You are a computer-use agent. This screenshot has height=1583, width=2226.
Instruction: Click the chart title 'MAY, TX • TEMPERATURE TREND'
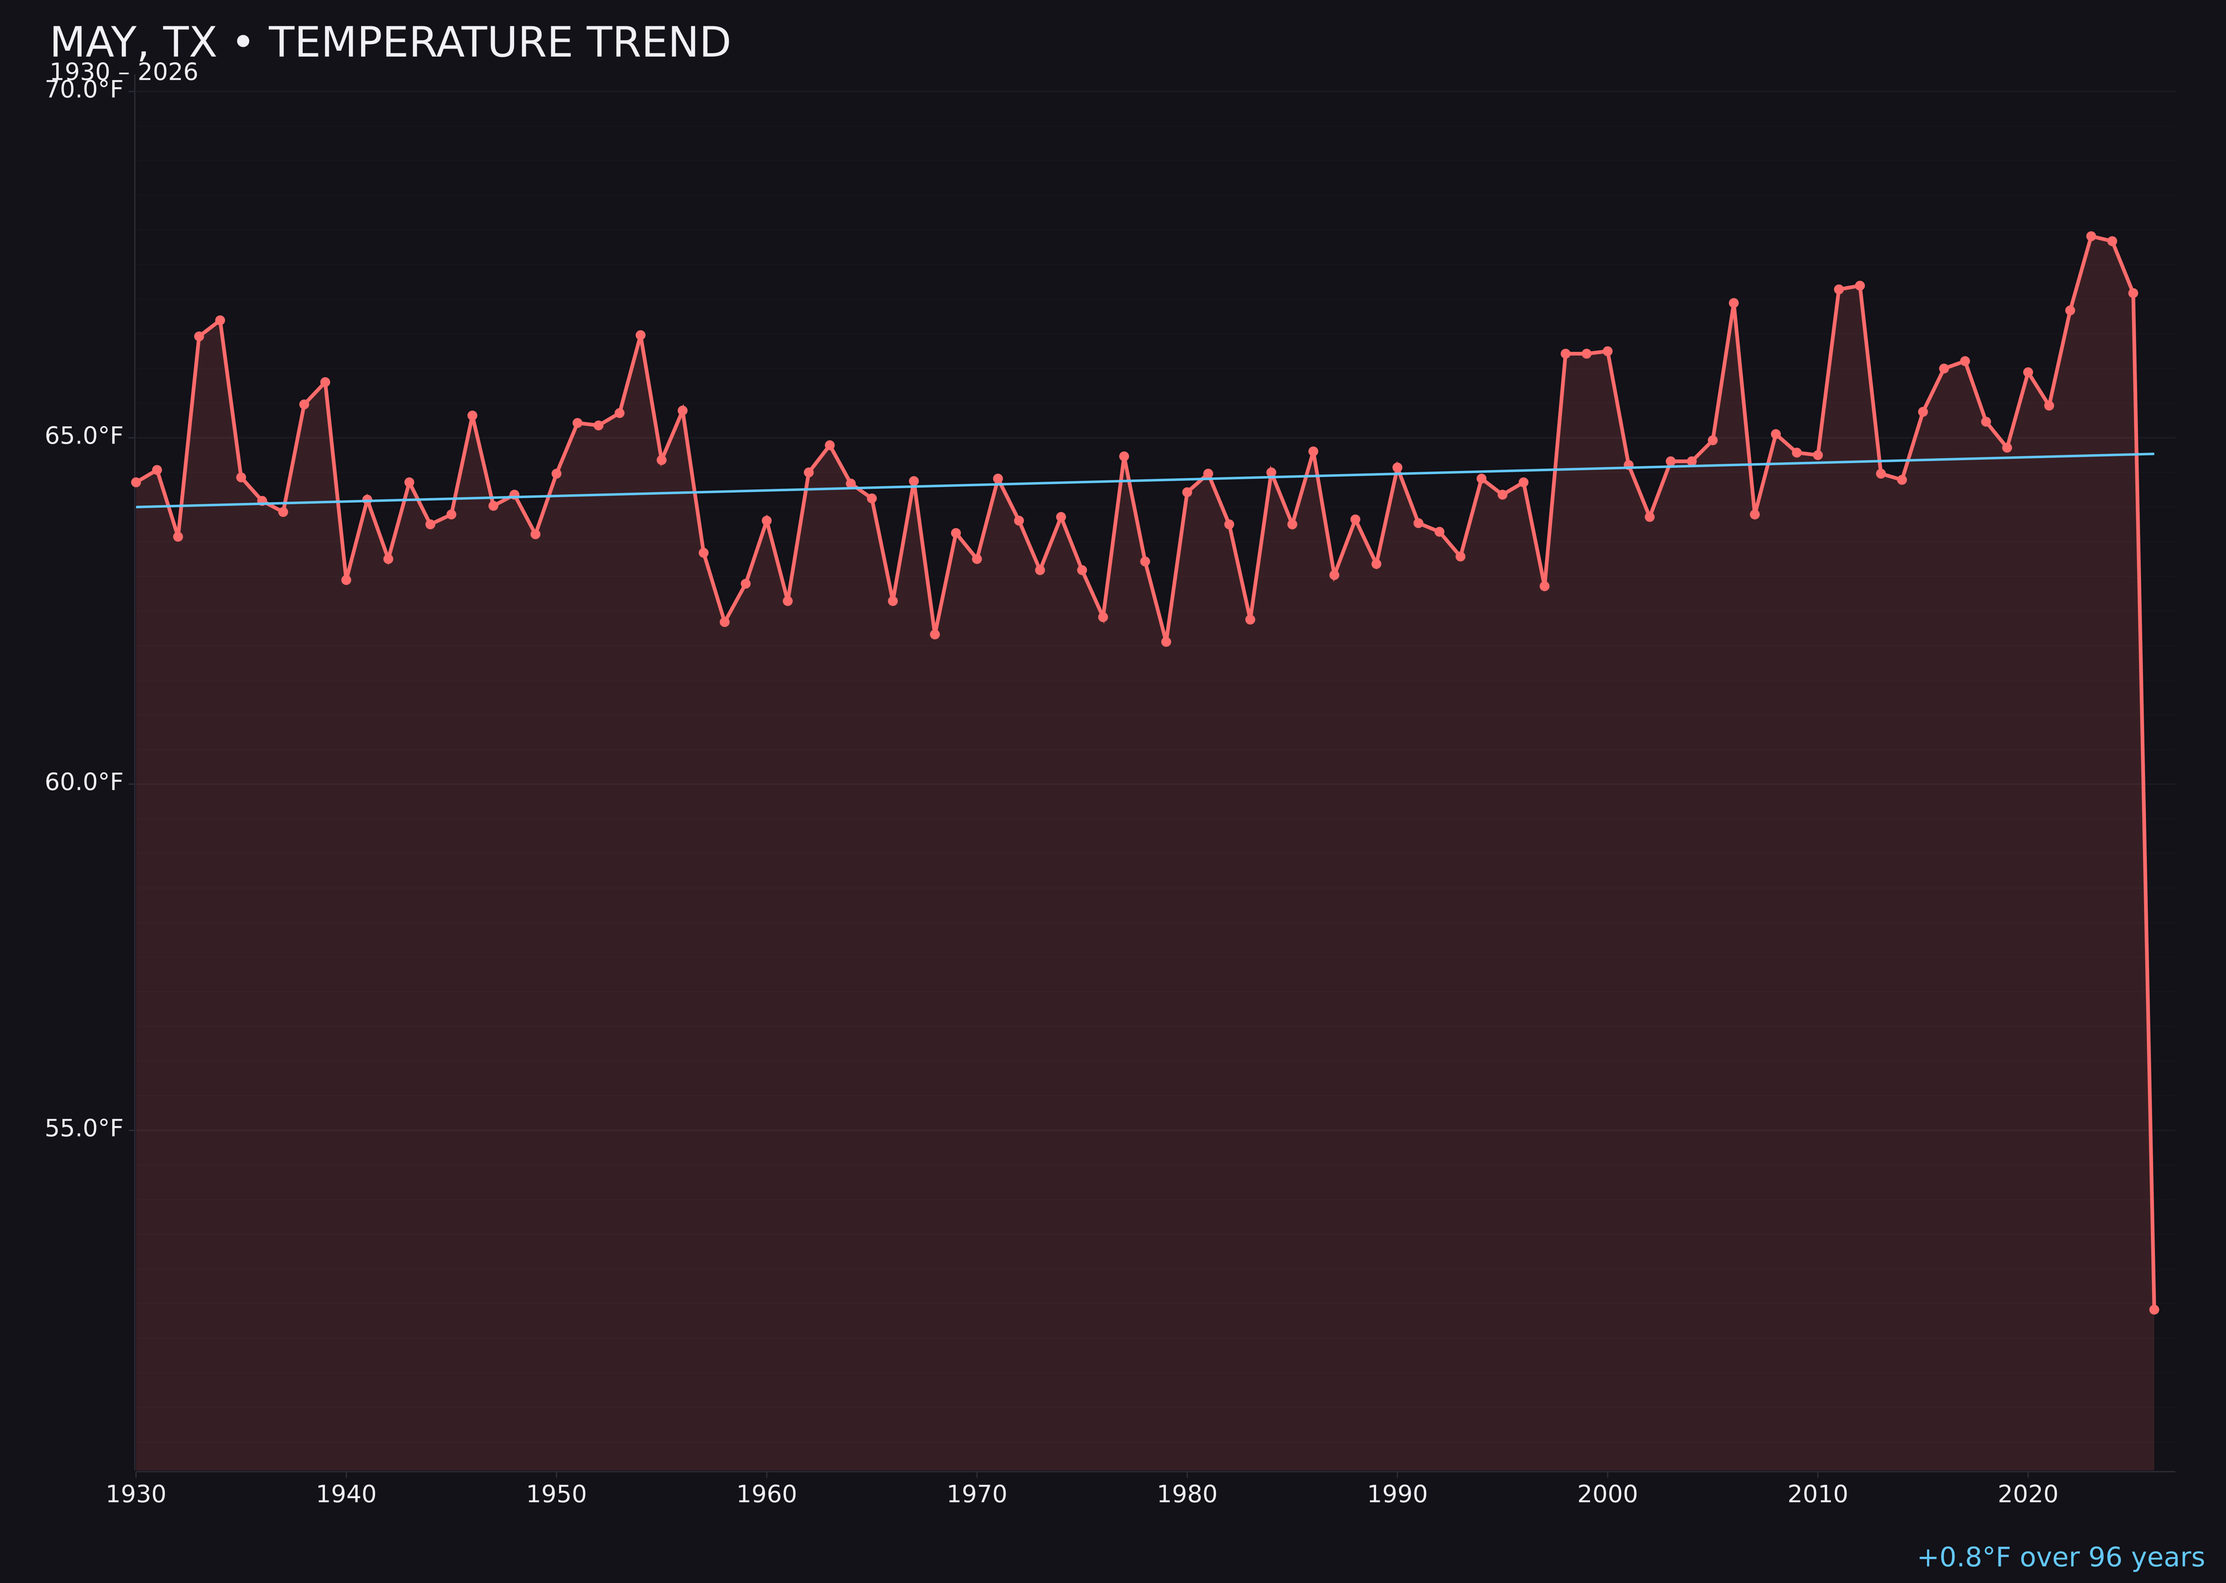pos(390,43)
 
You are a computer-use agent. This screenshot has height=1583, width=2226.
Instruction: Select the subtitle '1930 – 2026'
pos(124,72)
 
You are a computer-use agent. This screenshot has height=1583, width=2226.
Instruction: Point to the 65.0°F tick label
pos(84,436)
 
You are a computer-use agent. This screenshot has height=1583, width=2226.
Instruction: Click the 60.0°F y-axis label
pos(84,781)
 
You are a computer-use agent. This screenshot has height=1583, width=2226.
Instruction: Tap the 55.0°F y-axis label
pos(84,1128)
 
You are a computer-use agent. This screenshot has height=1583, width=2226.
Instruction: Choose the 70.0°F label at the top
pos(84,90)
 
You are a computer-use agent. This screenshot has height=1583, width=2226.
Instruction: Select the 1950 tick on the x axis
pos(556,1494)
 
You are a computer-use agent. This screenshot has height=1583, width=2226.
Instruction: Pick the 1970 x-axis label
pos(977,1494)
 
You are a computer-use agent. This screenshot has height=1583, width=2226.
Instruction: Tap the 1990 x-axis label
pos(1397,1494)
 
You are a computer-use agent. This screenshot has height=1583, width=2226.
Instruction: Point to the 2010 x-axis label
pos(1818,1494)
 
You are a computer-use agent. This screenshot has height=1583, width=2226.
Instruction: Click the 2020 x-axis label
pos(2027,1494)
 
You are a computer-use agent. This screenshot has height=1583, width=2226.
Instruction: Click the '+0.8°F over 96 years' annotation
pos(2060,1557)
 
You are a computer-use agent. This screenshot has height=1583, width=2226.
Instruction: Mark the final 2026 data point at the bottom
pos(2154,1309)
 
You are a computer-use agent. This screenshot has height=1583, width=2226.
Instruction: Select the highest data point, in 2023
pos(2091,236)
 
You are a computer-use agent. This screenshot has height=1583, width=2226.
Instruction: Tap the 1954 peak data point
pos(641,335)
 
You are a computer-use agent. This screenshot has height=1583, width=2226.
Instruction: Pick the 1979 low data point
pos(1166,641)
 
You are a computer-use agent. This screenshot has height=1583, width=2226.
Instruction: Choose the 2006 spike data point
pos(1733,303)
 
